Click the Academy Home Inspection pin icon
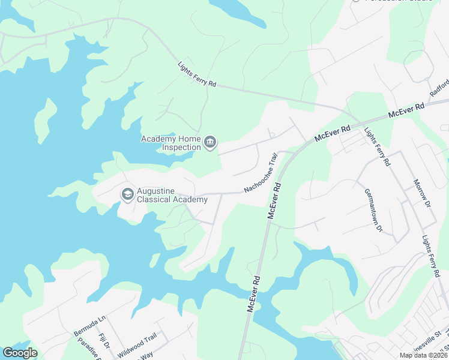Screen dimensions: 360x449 (210, 143)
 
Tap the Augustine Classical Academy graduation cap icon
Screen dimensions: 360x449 (127, 194)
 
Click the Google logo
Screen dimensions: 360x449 (20, 353)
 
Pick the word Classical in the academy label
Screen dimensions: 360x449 (154, 199)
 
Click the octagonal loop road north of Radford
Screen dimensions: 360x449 (420, 63)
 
